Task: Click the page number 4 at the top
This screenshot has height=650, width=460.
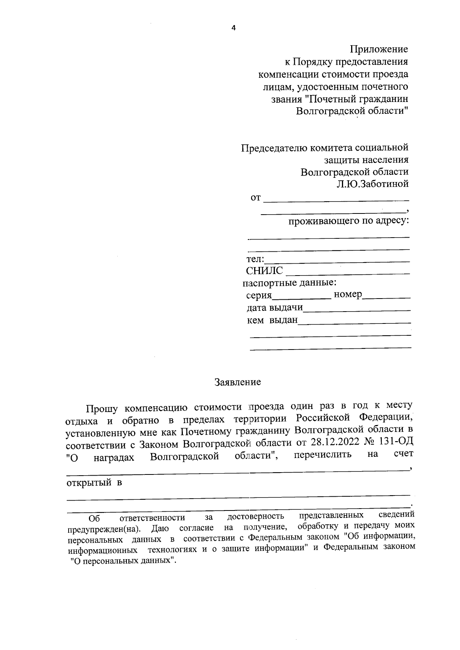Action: (x=233, y=28)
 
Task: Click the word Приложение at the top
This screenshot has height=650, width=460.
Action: (x=379, y=49)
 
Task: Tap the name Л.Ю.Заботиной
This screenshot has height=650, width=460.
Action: (x=373, y=184)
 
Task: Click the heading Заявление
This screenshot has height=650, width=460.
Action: (x=238, y=382)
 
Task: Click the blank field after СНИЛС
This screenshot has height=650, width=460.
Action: (x=348, y=273)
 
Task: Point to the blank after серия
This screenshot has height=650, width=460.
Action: (x=301, y=297)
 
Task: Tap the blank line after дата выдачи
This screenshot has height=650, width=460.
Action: (x=356, y=310)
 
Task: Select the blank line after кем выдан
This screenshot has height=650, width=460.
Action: (x=354, y=322)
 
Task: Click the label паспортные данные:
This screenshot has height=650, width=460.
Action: (x=289, y=283)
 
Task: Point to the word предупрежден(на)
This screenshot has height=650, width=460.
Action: (x=104, y=530)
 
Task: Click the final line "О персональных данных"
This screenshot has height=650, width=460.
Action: (x=124, y=560)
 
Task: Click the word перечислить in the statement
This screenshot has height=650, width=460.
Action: (x=322, y=455)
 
